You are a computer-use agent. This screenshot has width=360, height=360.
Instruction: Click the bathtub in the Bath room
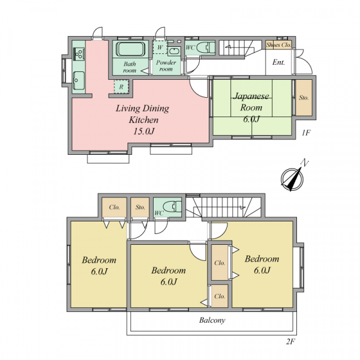coord(130,49)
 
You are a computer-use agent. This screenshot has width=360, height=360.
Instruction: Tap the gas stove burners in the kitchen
coord(79,54)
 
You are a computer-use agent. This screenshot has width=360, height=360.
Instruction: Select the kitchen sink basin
coord(79,80)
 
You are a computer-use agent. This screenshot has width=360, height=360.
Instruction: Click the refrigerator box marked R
coord(121,87)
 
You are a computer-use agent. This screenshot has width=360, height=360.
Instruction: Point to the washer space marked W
coord(160,47)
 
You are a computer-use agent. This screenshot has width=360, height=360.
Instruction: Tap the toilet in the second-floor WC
coord(173,206)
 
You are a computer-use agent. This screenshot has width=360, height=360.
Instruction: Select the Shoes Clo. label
coord(278,45)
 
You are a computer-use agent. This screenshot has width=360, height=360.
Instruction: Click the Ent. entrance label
coord(279,62)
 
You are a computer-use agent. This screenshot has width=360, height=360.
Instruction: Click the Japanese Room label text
coord(251,102)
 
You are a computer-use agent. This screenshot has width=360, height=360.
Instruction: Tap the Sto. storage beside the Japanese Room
coord(304,98)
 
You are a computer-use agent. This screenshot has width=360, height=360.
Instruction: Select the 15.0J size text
coord(144,131)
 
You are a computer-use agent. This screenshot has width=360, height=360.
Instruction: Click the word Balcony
coord(212,320)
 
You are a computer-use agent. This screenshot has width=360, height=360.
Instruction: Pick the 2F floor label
coord(290,342)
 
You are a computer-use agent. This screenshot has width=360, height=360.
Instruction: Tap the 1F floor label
coord(306,133)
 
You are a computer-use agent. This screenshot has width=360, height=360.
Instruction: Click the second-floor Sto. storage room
coord(140,208)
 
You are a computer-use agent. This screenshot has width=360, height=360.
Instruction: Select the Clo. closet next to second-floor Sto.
coord(115,208)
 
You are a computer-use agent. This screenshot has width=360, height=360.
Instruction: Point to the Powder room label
coord(166,65)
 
